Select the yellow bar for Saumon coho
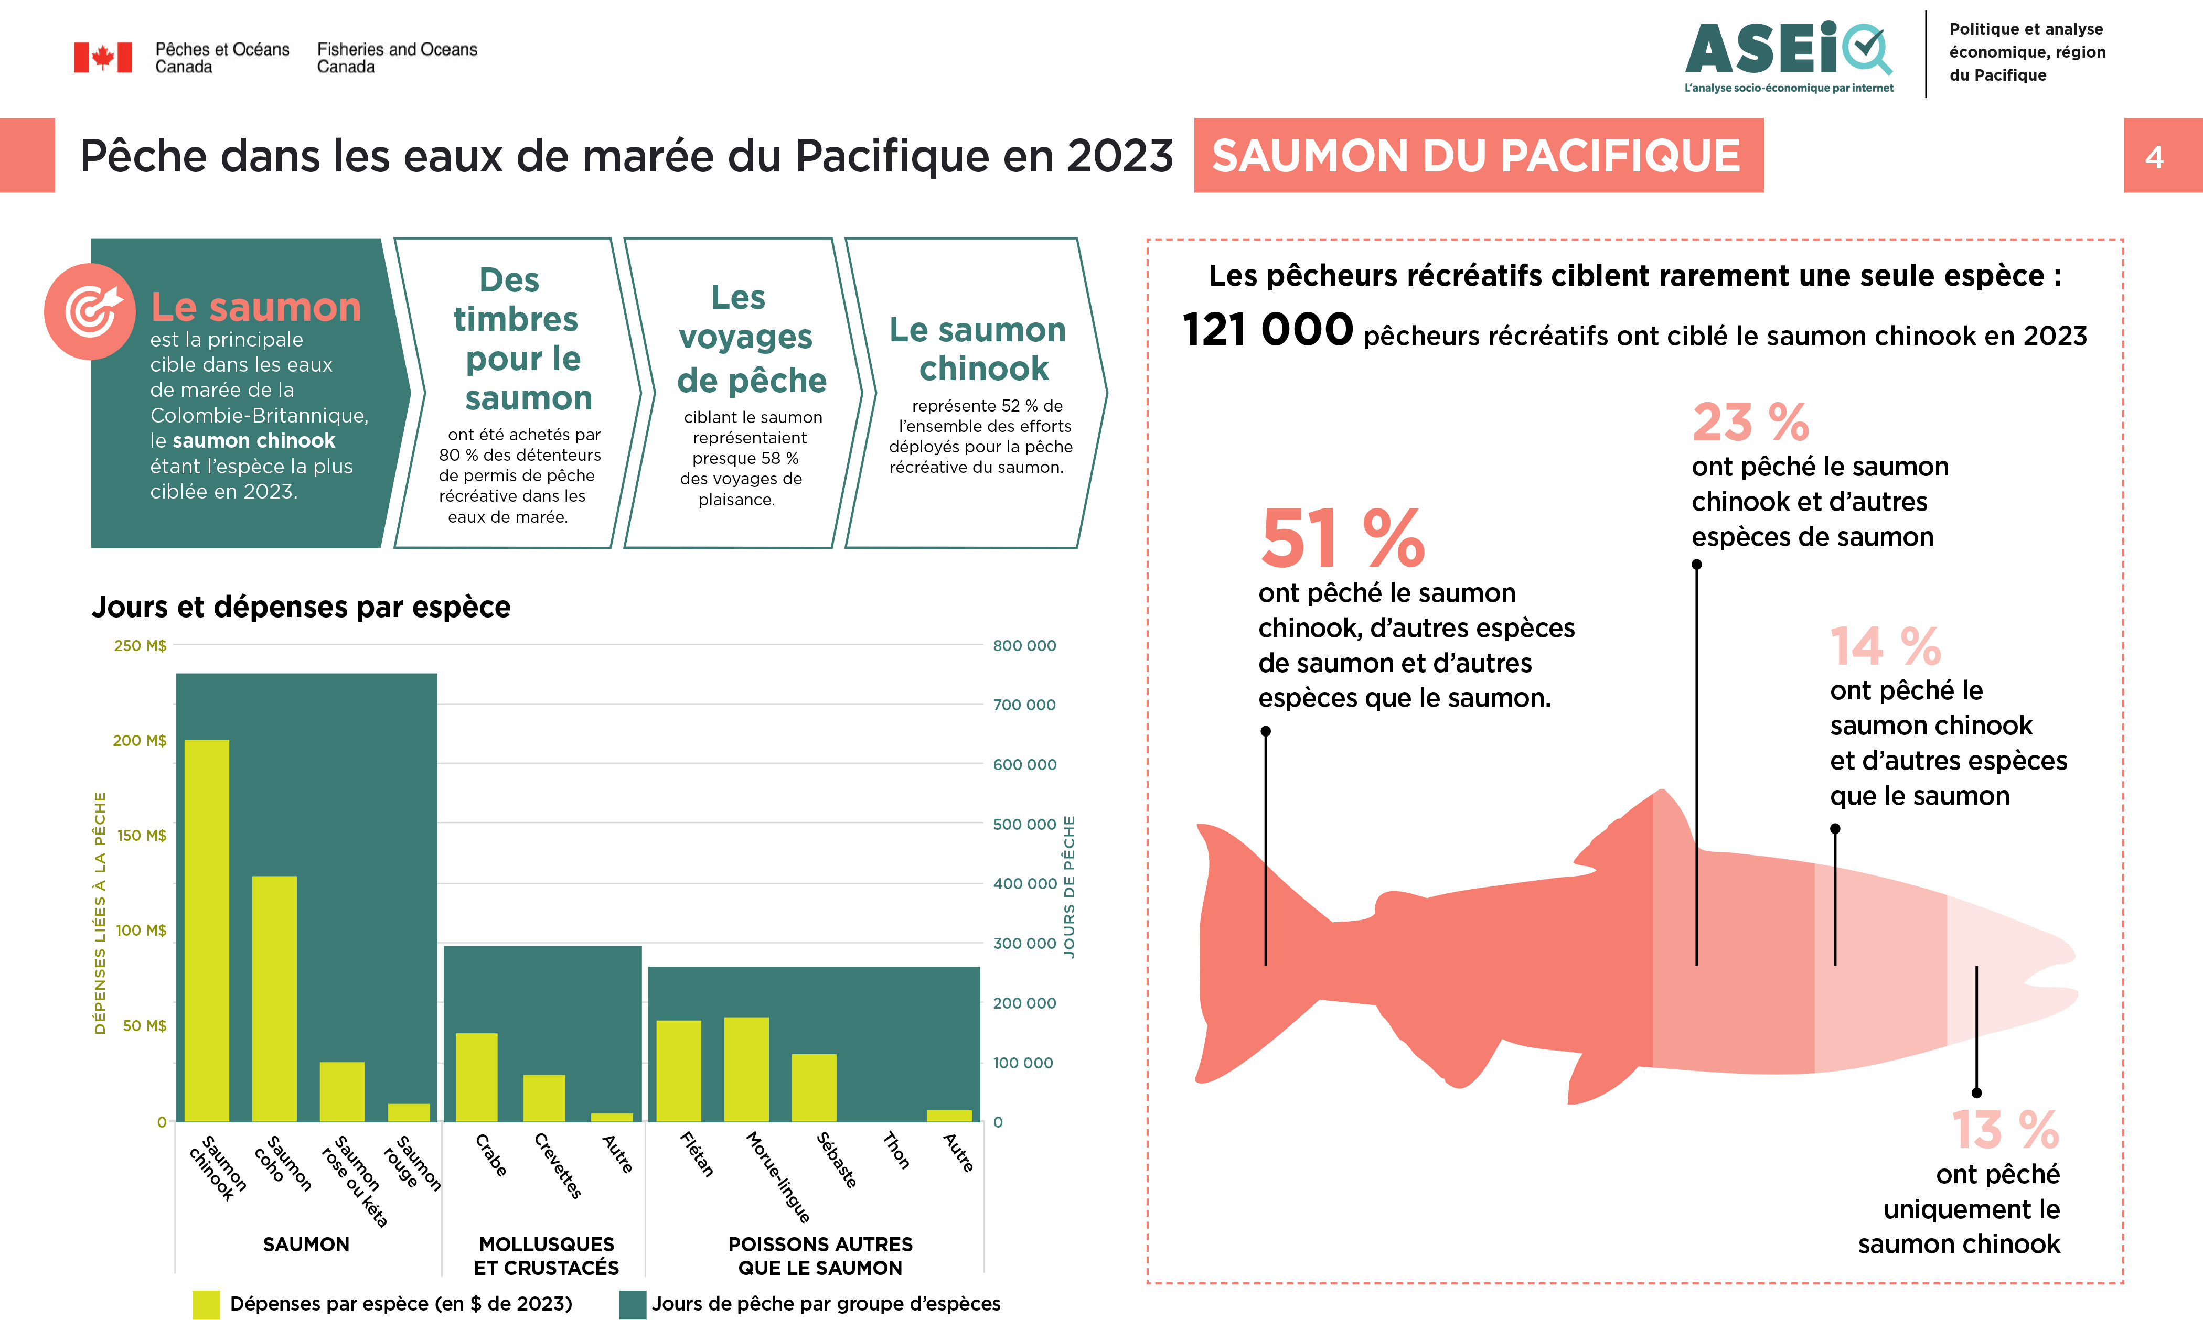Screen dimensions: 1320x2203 click(x=274, y=998)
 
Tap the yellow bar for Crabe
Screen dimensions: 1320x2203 click(x=476, y=1076)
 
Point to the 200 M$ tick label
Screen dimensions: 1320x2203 click(x=140, y=740)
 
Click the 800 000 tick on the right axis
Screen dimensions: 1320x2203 click(x=1024, y=646)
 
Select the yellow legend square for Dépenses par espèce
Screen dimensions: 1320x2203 click(x=206, y=1304)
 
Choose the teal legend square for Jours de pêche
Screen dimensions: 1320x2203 click(x=632, y=1304)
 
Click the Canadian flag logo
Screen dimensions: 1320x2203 click(x=102, y=58)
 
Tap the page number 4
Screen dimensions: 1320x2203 click(x=2154, y=157)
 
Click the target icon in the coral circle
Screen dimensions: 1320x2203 click(x=90, y=311)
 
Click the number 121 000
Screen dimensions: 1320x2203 click(x=1268, y=330)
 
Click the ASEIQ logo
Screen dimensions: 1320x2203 click(x=1789, y=53)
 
